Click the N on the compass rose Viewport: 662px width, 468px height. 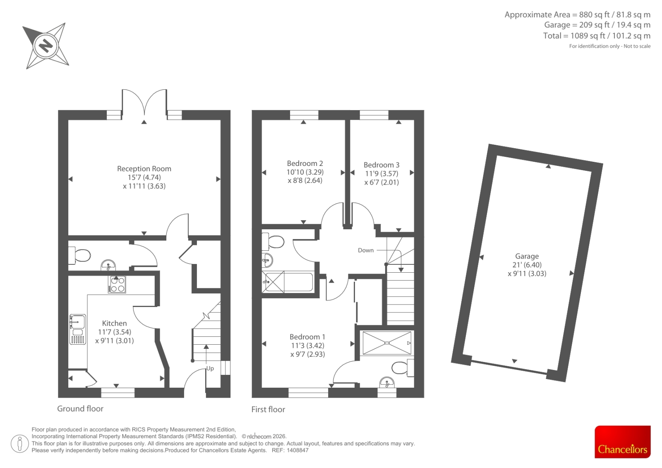46,46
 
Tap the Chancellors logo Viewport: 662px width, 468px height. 622,442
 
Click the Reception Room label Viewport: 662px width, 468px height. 144,169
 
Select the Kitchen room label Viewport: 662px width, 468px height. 114,323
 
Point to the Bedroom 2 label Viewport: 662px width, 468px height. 305,163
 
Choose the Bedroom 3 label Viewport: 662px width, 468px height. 381,165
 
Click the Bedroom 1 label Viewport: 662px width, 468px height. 307,337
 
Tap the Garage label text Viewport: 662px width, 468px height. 527,256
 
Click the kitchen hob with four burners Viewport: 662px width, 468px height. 117,284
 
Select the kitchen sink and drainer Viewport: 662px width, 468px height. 78,329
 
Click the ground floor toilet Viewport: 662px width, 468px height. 79,255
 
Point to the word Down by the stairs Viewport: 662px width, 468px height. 366,250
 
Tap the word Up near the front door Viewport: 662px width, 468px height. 210,369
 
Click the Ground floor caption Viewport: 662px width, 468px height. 80,408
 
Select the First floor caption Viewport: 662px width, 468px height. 268,410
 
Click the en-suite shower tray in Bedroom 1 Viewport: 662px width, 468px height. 387,343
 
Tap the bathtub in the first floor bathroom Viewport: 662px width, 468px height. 288,282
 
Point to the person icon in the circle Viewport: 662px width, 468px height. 19,444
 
